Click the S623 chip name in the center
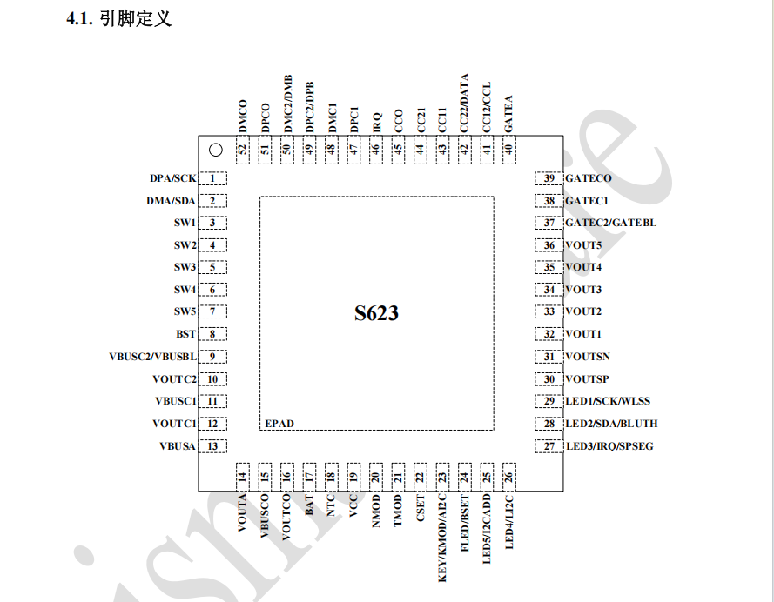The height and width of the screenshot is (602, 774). pos(376,313)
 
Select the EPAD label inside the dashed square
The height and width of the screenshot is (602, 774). pos(279,424)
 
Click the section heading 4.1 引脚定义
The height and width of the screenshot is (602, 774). pos(118,18)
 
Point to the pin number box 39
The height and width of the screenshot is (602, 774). pos(549,178)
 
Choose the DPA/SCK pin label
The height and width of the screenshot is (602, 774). pos(172,178)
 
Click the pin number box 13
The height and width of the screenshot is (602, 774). pos(212,446)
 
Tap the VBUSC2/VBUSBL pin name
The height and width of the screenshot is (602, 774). pos(151,357)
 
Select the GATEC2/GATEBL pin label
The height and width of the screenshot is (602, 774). pos(611,223)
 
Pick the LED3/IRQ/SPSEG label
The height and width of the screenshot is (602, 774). pos(609,446)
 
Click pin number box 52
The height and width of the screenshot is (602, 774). pos(243,150)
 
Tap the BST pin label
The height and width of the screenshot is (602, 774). pos(185,334)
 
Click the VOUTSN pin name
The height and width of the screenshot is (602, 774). pos(588,357)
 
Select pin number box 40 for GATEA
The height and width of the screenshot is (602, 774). pos(508,150)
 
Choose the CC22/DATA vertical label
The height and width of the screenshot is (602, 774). pos(464,104)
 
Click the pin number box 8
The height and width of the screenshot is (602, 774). pos(212,334)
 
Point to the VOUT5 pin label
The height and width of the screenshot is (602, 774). pos(583,245)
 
